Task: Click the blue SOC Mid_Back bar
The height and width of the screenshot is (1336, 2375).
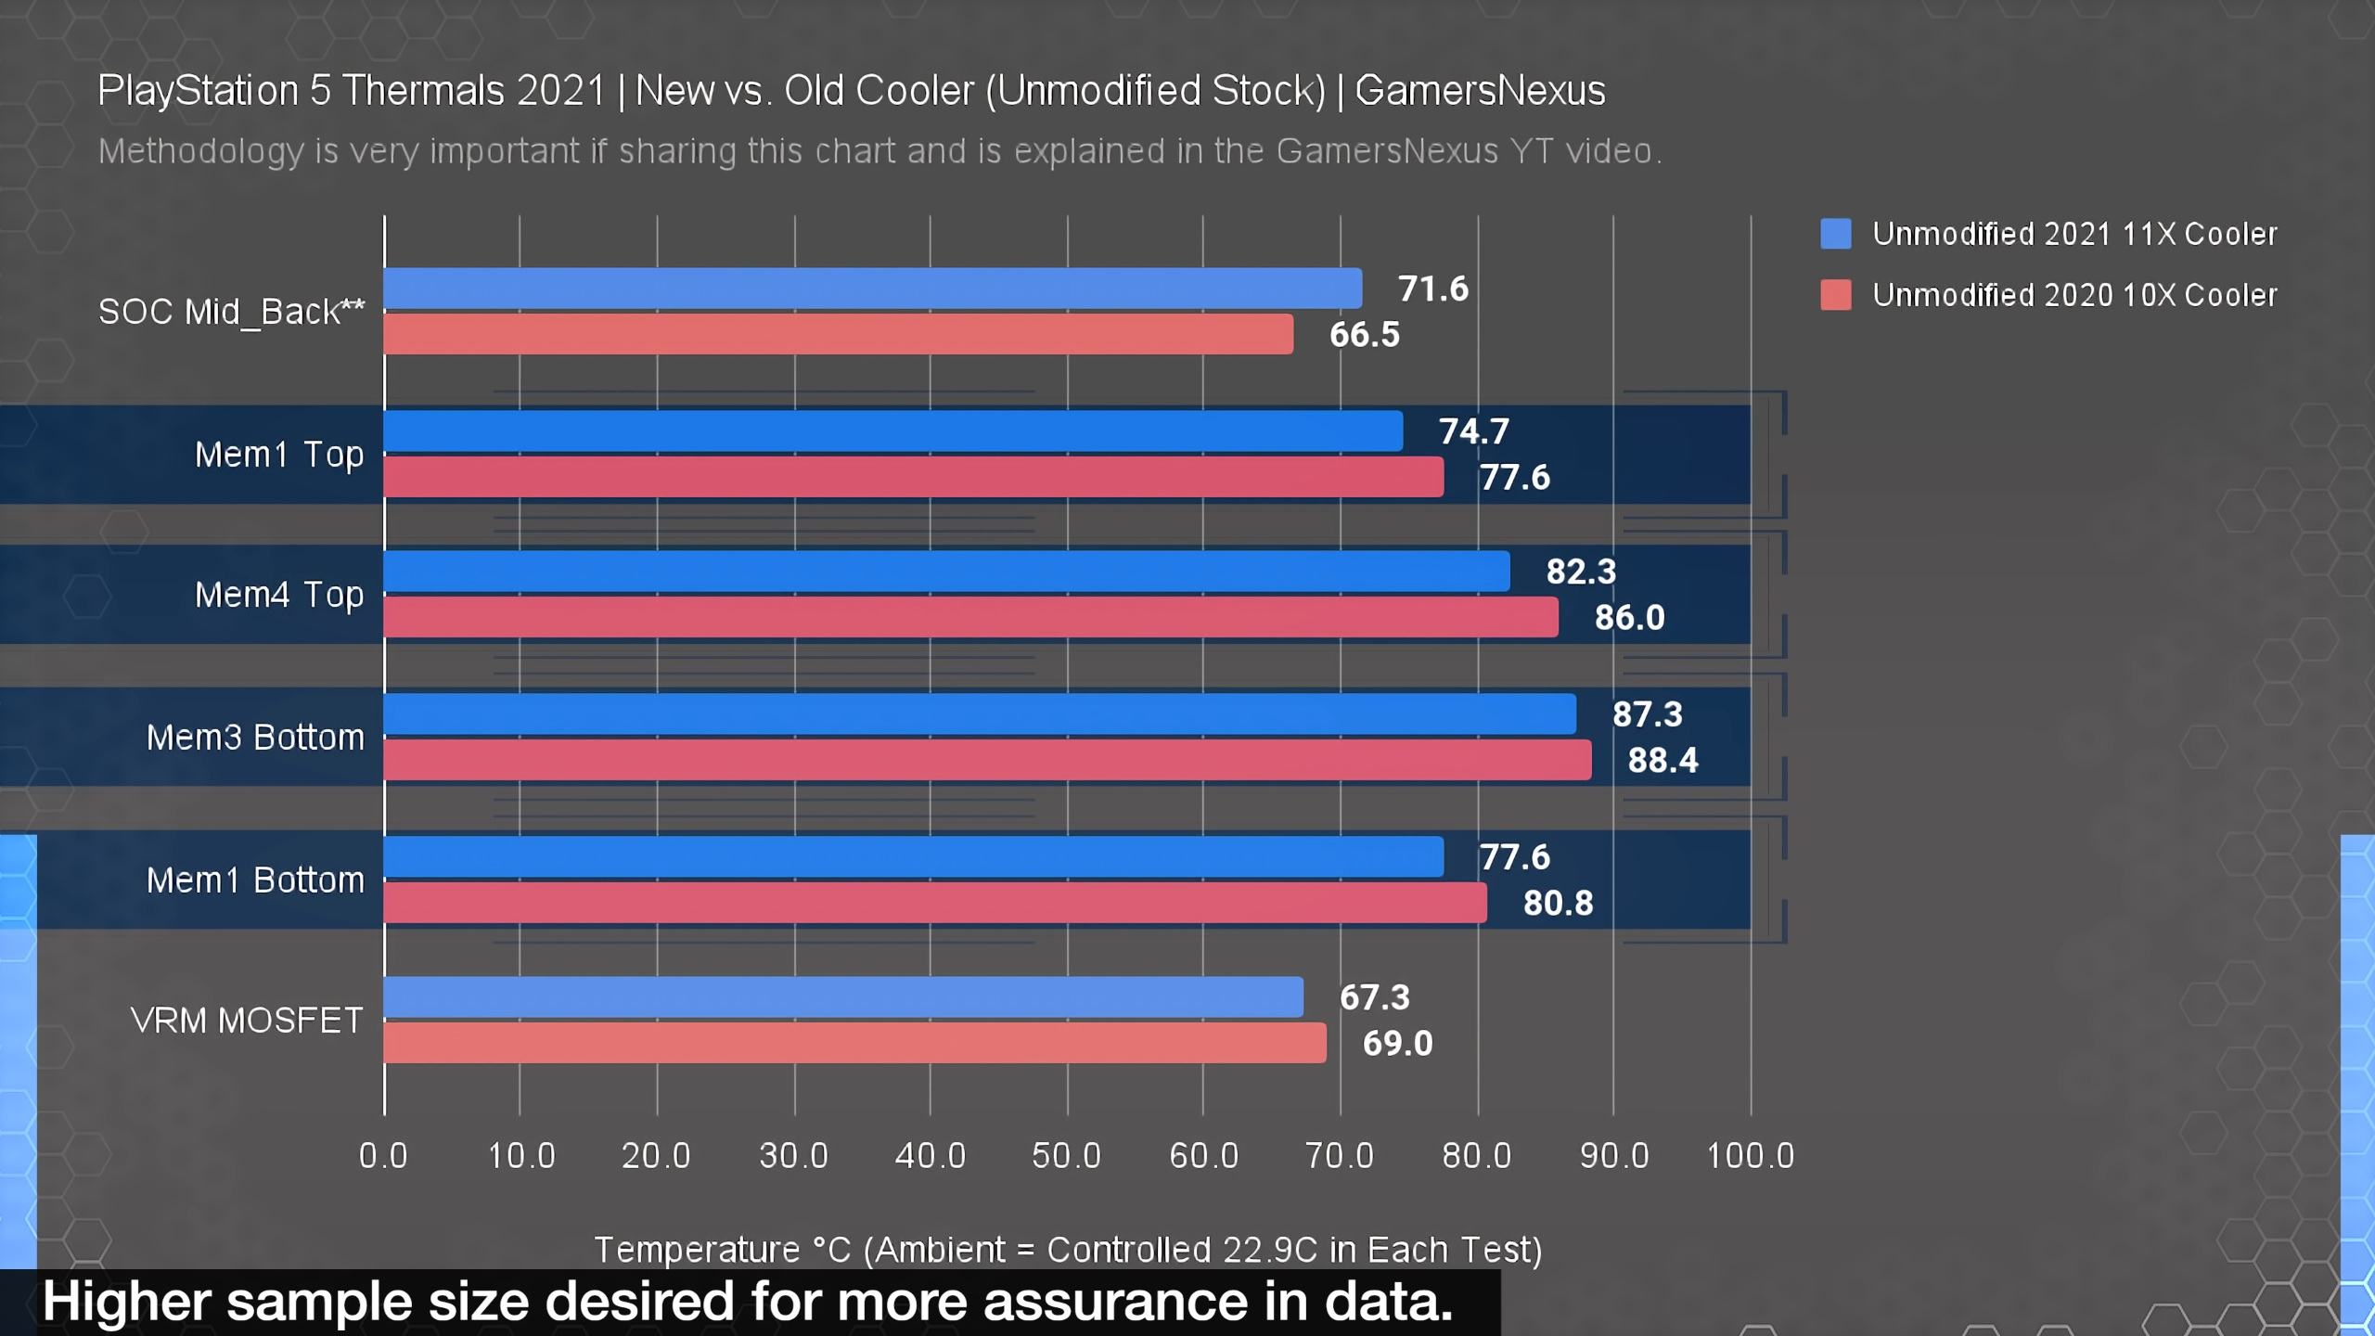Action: pyautogui.click(x=872, y=289)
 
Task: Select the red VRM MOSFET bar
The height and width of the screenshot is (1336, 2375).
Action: pyautogui.click(x=854, y=1043)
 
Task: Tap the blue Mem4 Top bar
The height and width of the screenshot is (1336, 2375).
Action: pyautogui.click(x=946, y=572)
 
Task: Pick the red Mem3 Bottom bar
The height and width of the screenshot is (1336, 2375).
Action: pyautogui.click(x=987, y=760)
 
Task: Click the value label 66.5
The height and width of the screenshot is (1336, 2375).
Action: pyautogui.click(x=1364, y=335)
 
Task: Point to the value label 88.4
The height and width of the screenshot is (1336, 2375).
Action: pyautogui.click(x=1662, y=761)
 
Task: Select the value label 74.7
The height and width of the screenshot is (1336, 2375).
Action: pyautogui.click(x=1473, y=431)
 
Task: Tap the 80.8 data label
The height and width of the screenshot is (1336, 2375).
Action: pyautogui.click(x=1558, y=904)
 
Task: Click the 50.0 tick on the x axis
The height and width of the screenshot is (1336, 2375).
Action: pyautogui.click(x=1066, y=1156)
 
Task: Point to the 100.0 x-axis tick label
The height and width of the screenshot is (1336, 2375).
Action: pyautogui.click(x=1750, y=1156)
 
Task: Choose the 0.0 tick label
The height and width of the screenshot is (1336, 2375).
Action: pyautogui.click(x=383, y=1156)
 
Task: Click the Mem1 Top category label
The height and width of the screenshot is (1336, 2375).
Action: pyautogui.click(x=278, y=456)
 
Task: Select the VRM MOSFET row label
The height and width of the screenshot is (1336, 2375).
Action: pyautogui.click(x=247, y=1021)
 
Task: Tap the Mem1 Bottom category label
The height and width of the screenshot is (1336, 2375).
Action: pyautogui.click(x=255, y=880)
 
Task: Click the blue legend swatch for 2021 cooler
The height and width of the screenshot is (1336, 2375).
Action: pyautogui.click(x=1835, y=234)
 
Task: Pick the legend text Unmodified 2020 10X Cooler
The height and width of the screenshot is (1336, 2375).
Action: pyautogui.click(x=2074, y=295)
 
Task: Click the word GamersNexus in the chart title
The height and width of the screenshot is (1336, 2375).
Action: pyautogui.click(x=1480, y=91)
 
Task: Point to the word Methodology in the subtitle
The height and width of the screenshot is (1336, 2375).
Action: pyautogui.click(x=200, y=151)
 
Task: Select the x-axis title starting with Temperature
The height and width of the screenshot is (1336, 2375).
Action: pyautogui.click(x=1067, y=1250)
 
